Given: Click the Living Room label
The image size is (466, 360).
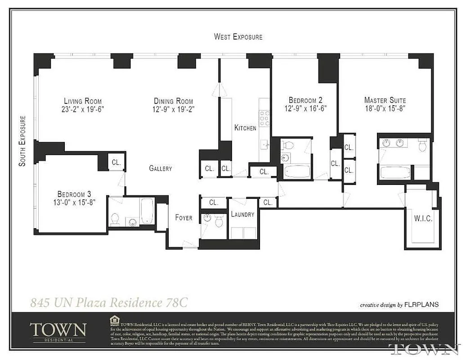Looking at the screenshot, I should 83,101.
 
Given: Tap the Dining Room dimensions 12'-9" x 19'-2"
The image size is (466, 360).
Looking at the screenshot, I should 173,109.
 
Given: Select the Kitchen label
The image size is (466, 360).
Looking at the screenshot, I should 245,128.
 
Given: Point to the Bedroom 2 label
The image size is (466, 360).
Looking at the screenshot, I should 305,100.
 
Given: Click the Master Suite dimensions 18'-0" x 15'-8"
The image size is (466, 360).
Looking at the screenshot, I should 385,108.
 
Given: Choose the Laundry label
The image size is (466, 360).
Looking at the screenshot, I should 242,215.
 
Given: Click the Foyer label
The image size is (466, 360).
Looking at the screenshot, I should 184,218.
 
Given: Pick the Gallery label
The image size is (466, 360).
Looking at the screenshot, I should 161,169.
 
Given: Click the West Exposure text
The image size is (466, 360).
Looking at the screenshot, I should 238,37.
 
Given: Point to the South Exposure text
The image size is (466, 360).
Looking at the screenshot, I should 22,141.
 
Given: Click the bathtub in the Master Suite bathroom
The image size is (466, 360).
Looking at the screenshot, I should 395,172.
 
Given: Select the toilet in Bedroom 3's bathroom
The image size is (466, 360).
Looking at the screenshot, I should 115,219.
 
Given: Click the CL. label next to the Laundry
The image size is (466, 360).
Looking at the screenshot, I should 268,202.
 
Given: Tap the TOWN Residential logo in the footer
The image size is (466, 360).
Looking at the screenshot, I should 58,331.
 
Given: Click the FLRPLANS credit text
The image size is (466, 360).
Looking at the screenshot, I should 421,305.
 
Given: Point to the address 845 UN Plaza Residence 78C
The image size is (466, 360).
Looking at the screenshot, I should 108,302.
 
